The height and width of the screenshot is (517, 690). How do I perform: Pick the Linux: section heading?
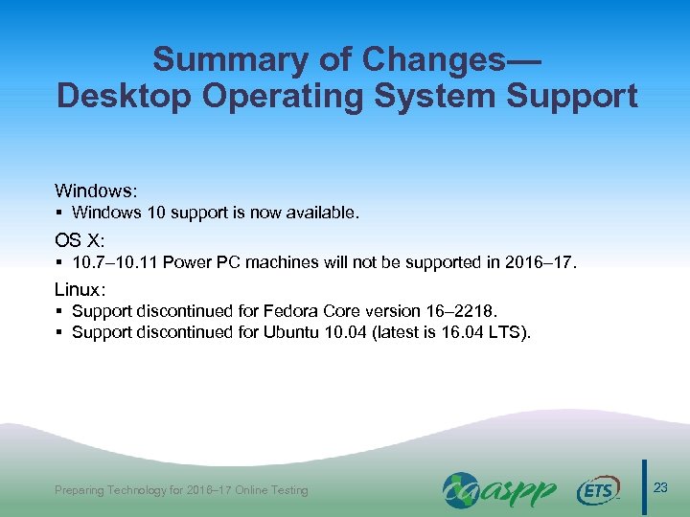[80, 288]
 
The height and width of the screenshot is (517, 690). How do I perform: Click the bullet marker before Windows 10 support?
[59, 213]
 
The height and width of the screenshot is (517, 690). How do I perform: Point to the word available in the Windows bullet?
[324, 213]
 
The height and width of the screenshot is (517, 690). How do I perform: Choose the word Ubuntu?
[295, 332]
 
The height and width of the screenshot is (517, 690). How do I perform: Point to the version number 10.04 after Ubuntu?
[354, 332]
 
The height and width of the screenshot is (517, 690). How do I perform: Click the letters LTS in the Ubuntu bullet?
[517, 332]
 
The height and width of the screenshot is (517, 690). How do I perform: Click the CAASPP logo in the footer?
[498, 490]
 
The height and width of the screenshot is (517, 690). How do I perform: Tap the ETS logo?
[599, 491]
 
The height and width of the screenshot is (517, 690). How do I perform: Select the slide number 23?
[660, 489]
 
